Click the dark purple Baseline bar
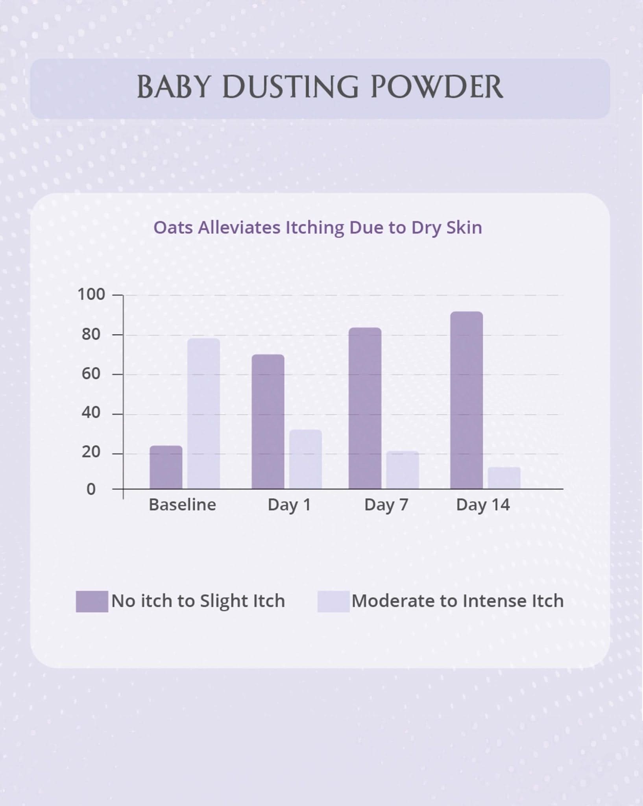(x=166, y=467)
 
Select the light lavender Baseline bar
(x=203, y=414)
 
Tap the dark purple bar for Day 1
(x=268, y=421)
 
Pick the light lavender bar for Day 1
(x=305, y=459)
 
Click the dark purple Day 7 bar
(x=365, y=408)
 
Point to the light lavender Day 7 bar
(x=403, y=470)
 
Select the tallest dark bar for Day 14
(x=467, y=400)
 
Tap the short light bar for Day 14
(x=504, y=478)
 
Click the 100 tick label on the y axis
(x=91, y=294)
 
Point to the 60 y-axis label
(x=91, y=373)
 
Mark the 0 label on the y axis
(x=91, y=489)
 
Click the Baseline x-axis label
(x=183, y=505)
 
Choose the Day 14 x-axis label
(x=483, y=505)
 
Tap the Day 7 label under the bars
(x=386, y=505)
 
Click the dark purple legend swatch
(x=92, y=601)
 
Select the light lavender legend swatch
(x=333, y=601)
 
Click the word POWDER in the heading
(x=437, y=87)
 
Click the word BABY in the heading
(x=173, y=87)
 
